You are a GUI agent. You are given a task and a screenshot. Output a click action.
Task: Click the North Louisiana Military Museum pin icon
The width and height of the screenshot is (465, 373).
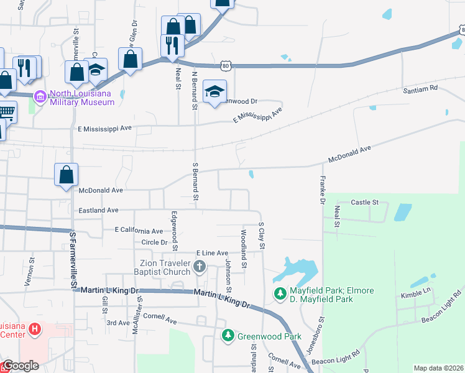(x=40, y=97)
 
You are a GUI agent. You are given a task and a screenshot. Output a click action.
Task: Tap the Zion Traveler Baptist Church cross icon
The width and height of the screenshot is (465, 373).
(x=200, y=267)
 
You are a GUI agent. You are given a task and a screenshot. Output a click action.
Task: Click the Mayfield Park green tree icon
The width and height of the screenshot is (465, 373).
(x=281, y=292)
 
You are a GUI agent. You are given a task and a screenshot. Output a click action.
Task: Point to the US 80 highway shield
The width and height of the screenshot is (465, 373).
(x=226, y=65)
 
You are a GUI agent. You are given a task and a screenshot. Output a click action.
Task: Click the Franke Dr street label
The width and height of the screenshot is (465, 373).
(x=322, y=189)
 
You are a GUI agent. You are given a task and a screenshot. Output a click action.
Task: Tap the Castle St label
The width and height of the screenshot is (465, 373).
(x=365, y=203)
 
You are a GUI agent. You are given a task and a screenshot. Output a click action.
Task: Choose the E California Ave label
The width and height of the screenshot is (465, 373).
(x=139, y=229)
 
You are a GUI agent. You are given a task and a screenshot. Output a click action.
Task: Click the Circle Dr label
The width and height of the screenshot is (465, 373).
(x=155, y=242)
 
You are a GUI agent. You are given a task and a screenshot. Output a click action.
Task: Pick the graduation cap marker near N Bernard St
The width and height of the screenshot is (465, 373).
(x=214, y=91)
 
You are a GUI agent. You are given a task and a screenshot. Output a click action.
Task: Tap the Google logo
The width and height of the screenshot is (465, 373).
(x=21, y=366)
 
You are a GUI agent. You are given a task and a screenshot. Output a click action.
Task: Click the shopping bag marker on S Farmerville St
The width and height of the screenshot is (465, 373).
(x=66, y=175)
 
